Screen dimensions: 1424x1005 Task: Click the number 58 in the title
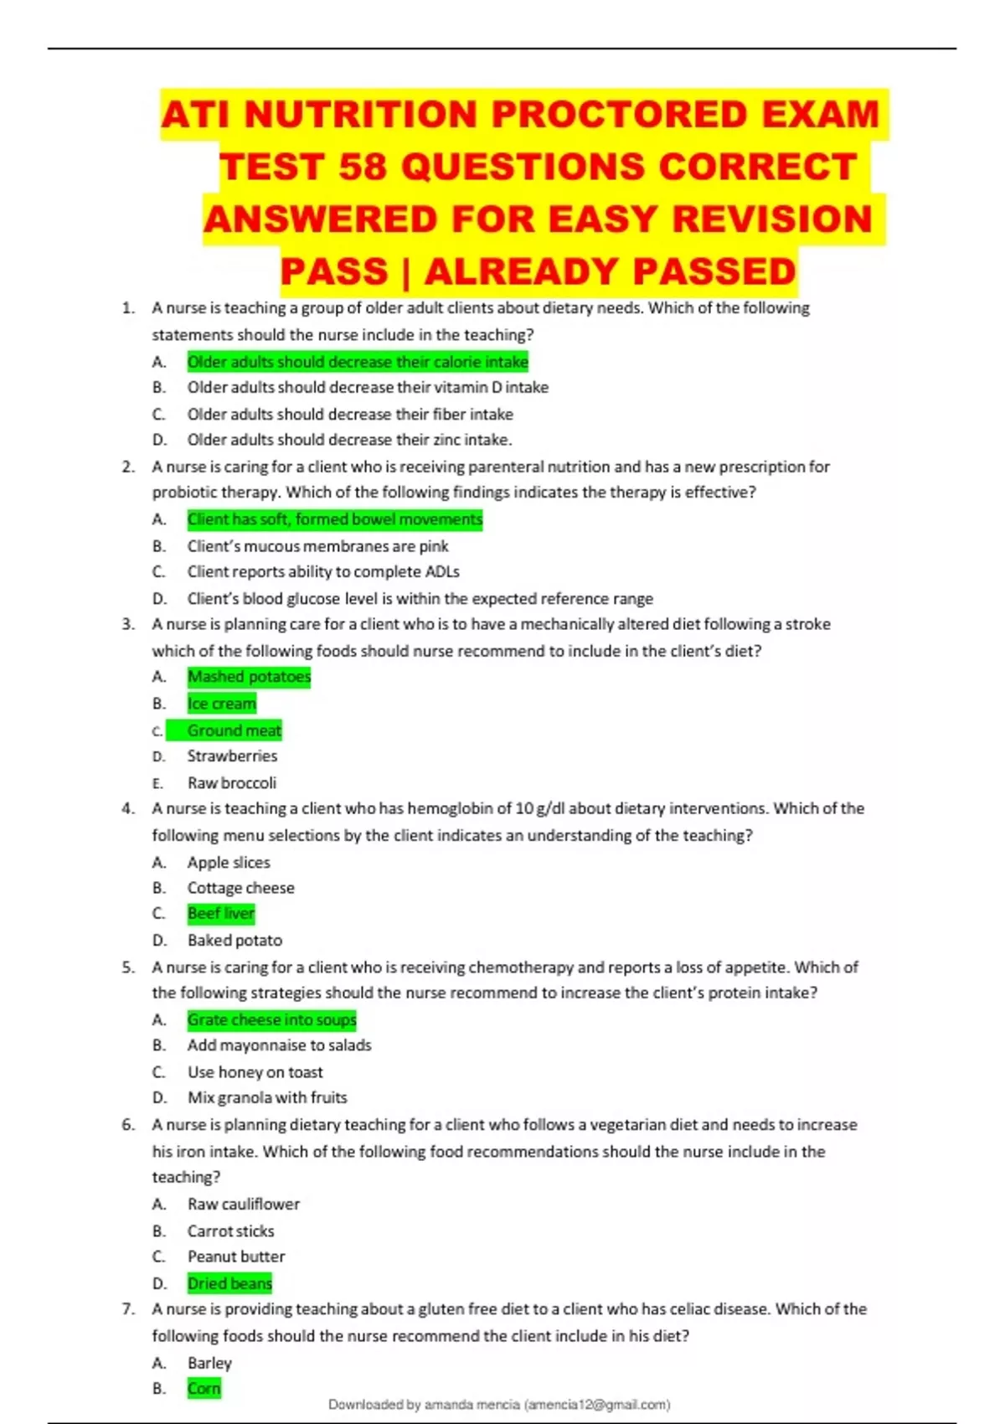(362, 167)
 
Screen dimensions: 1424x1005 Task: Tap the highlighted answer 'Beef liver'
(221, 913)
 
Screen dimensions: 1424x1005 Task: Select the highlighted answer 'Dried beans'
(229, 1283)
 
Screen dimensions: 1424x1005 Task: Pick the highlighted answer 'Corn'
(204, 1388)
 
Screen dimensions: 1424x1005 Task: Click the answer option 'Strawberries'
(232, 756)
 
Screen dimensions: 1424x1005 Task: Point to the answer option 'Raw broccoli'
(231, 782)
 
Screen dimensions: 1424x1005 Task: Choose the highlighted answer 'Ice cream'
(222, 704)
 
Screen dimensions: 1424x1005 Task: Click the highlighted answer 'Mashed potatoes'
(249, 676)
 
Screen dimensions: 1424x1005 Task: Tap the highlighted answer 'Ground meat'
(234, 730)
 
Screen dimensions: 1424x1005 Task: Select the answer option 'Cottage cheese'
(240, 887)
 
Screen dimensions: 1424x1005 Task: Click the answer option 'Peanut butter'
(236, 1256)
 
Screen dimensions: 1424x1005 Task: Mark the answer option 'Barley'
(209, 1363)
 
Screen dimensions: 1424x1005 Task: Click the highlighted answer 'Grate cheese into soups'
(271, 1019)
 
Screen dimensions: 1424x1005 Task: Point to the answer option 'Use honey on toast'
(255, 1072)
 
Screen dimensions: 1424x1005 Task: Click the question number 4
(128, 808)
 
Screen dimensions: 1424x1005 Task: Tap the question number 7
(128, 1308)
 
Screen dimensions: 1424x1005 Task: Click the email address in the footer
(597, 1405)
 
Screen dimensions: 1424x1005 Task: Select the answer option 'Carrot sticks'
(230, 1231)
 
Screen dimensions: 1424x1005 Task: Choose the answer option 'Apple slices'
(229, 862)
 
